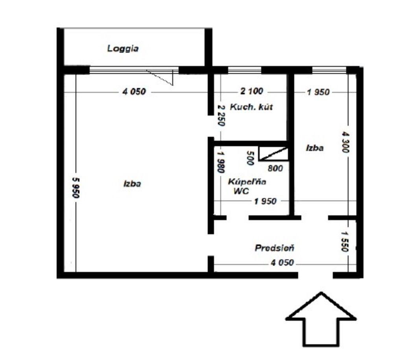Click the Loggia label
click(123, 49)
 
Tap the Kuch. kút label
click(251, 107)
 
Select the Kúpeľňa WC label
click(247, 186)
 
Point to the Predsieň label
click(275, 248)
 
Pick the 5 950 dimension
click(76, 187)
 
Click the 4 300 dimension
click(345, 142)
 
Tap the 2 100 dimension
click(252, 91)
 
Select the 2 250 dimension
click(221, 115)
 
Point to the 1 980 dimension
click(221, 162)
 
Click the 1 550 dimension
click(344, 241)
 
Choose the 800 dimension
click(275, 168)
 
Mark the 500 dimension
click(250, 158)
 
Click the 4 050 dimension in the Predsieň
click(282, 263)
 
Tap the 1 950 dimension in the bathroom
click(265, 201)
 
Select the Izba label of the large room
click(132, 184)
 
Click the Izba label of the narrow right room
click(315, 148)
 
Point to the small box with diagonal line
click(273, 154)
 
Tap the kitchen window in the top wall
click(245, 70)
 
